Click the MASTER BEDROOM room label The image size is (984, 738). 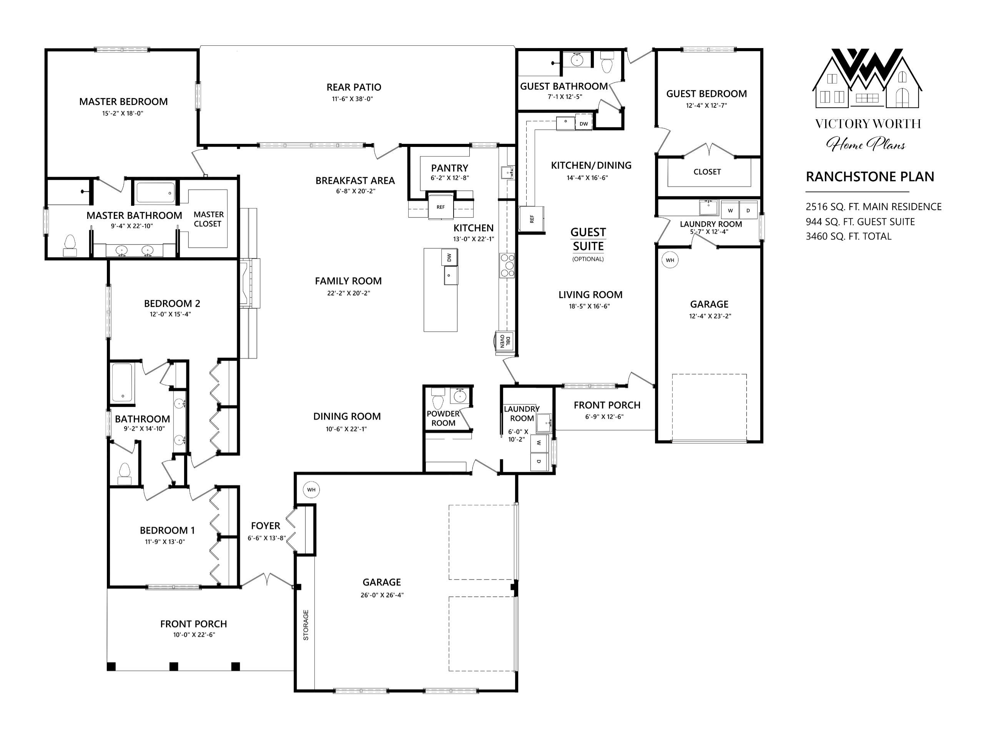[123, 102]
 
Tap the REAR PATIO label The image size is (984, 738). [354, 87]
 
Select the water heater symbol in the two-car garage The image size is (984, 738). [311, 490]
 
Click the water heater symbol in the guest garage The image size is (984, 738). [670, 260]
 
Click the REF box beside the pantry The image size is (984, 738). [440, 207]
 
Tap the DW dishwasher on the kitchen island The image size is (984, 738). [449, 257]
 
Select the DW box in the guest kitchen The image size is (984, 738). [583, 124]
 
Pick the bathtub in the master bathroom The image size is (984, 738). [155, 193]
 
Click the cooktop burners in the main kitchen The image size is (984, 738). [507, 265]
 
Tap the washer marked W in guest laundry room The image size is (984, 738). [730, 210]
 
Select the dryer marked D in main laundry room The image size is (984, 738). [539, 461]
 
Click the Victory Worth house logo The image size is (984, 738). [867, 78]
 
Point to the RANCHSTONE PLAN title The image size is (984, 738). [870, 177]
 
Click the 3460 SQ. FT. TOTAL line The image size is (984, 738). [848, 237]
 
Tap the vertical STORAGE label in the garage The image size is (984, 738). [306, 625]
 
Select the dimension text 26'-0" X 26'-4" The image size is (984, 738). [382, 595]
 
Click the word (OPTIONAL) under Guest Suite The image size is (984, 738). [588, 259]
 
